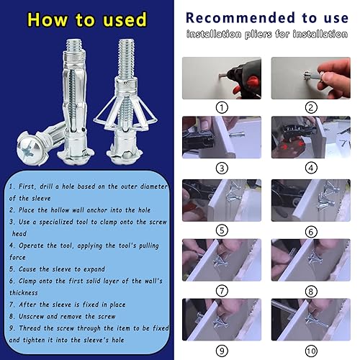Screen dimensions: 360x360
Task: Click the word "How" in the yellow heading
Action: click(x=48, y=19)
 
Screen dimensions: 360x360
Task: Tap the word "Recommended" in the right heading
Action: click(x=240, y=18)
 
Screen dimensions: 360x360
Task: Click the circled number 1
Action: click(x=222, y=107)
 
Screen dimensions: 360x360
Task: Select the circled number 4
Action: click(x=311, y=168)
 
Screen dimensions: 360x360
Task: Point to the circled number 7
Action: click(x=222, y=291)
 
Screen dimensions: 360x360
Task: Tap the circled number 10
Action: click(x=311, y=351)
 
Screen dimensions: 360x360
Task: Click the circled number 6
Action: click(x=311, y=232)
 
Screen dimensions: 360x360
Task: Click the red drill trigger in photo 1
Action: click(x=251, y=84)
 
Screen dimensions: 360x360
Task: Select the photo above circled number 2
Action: click(x=311, y=78)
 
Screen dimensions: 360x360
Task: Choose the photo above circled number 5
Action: click(x=222, y=200)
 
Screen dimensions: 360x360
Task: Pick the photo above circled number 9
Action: click(x=222, y=320)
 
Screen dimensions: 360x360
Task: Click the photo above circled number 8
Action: click(x=311, y=260)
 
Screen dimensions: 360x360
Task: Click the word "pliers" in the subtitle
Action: click(x=258, y=35)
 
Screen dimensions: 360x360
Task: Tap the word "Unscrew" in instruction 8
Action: click(x=31, y=316)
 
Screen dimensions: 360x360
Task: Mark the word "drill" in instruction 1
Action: click(x=46, y=186)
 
